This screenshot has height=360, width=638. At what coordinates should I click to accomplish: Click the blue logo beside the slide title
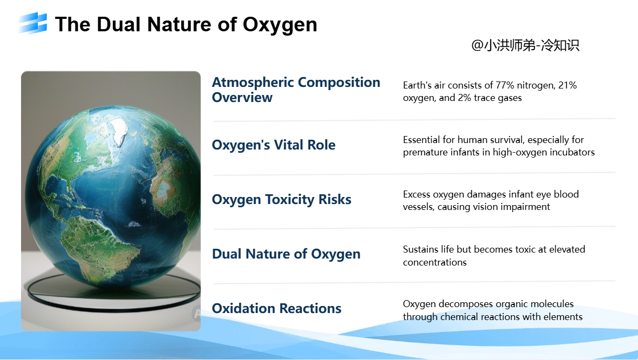pos(33,23)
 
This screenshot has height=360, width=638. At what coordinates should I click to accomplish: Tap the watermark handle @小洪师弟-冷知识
pos(525,45)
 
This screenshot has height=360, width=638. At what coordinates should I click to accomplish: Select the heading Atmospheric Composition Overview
pos(296,90)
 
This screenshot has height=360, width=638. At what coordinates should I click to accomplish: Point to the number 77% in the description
pos(505,85)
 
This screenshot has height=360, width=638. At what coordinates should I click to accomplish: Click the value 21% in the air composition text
pos(567,85)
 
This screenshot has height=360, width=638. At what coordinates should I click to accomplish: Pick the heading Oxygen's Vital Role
pos(274,145)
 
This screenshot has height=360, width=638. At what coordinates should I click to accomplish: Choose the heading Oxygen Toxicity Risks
pos(282,199)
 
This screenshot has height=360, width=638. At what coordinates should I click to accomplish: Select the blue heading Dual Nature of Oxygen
pos(286,254)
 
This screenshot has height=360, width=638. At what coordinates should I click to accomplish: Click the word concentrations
pos(435,262)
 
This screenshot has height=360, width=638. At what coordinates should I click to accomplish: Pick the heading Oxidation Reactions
pos(277,308)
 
